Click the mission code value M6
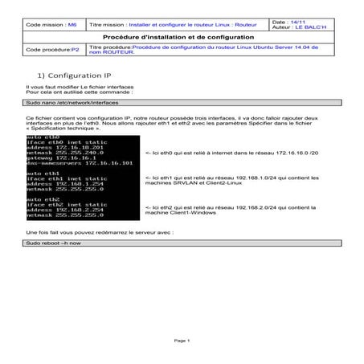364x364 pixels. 72,26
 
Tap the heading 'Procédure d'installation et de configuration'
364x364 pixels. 180,38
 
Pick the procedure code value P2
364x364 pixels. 75,49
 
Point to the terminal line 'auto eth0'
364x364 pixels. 41,137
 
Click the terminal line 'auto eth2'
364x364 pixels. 41,198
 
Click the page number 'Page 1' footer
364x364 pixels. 182,341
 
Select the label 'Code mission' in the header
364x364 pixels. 47,26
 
